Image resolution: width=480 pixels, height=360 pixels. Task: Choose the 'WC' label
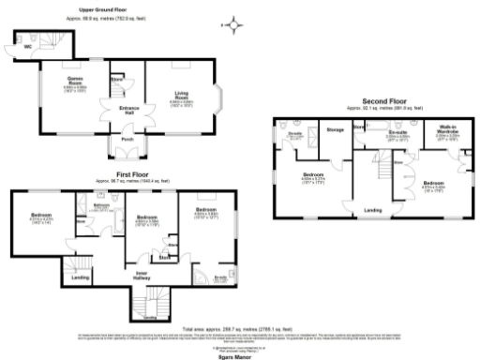coord(15,45)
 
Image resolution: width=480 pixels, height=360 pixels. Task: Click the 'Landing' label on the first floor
coord(82,277)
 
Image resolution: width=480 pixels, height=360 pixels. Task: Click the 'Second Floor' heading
coord(384,100)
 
